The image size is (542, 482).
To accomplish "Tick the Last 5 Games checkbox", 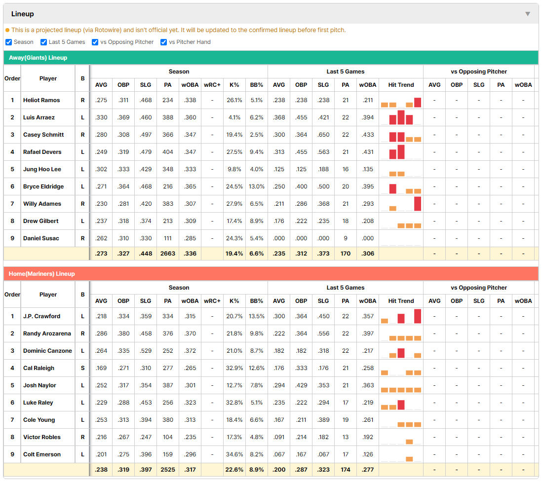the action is coord(43,42).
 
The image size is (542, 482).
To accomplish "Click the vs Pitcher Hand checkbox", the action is coord(163,42).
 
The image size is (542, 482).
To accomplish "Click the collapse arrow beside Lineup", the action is coord(528,14).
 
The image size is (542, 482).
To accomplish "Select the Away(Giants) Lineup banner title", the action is coord(38,58).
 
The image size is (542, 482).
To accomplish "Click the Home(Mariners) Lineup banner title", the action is coord(42,274).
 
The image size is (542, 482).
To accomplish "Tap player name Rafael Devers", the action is coord(42,152).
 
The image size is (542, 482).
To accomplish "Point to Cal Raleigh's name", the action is coord(39,368).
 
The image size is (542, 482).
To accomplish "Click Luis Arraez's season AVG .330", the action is coord(101,117).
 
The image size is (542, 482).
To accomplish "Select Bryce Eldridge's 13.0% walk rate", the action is coord(257,186).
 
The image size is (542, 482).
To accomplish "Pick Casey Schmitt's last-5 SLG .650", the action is coord(323,135).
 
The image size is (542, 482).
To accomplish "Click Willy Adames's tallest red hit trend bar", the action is coord(418,204).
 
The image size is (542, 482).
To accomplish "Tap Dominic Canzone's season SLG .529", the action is coord(146,351).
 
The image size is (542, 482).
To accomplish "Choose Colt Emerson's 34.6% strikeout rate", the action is coord(234,454).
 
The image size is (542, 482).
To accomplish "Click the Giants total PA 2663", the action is coord(168,254).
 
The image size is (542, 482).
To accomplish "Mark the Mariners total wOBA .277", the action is coord(368,470).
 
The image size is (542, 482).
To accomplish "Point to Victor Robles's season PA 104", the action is coord(168,437).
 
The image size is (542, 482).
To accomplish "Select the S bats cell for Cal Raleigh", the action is coord(82,368).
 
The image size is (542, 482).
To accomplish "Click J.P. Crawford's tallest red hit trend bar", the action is coord(418,316).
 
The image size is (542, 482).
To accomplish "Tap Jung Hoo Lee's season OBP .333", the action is coord(123,169).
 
